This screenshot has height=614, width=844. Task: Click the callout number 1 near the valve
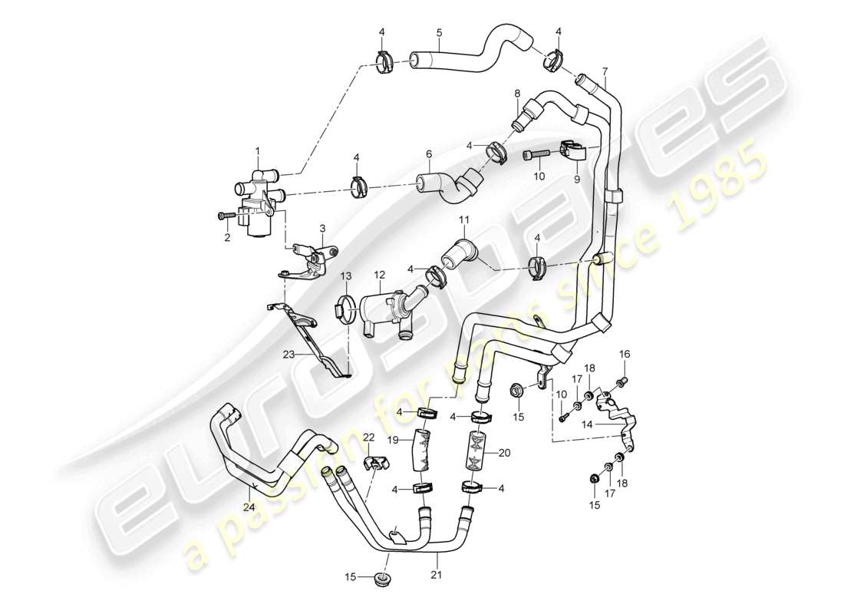(x=258, y=150)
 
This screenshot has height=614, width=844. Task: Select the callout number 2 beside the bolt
(x=227, y=239)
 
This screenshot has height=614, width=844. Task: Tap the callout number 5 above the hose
(x=439, y=32)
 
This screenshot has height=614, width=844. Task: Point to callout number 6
(x=429, y=153)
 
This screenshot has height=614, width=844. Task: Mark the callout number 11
(x=463, y=220)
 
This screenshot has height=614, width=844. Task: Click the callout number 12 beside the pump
(x=379, y=275)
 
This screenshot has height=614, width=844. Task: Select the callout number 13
(x=345, y=276)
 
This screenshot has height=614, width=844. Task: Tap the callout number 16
(x=625, y=354)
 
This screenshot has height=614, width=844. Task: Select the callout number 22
(x=368, y=437)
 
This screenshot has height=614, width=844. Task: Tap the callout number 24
(x=249, y=508)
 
